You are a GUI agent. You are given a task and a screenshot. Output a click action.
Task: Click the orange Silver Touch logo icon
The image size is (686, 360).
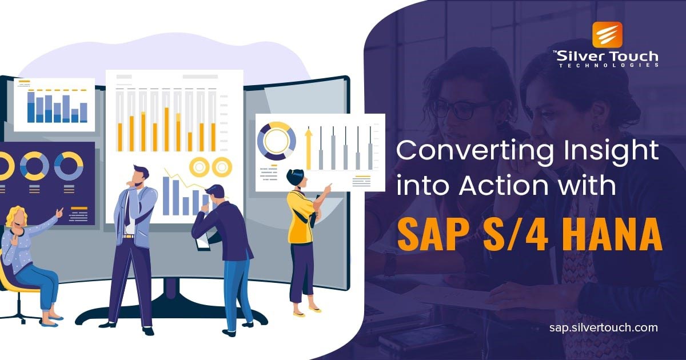pyautogui.click(x=607, y=35)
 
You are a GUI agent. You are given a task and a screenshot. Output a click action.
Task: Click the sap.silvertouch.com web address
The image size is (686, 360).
pyautogui.click(x=603, y=327)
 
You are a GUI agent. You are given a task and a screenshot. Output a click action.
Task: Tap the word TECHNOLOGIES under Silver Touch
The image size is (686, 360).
pyautogui.click(x=609, y=65)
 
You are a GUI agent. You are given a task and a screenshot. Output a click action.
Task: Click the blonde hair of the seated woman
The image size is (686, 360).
pyautogui.click(x=15, y=214)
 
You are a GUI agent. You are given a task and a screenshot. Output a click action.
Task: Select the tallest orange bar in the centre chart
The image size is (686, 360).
pyautogui.click(x=166, y=129)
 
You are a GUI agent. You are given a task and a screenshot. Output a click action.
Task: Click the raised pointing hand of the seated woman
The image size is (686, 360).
pyautogui.click(x=59, y=211)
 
